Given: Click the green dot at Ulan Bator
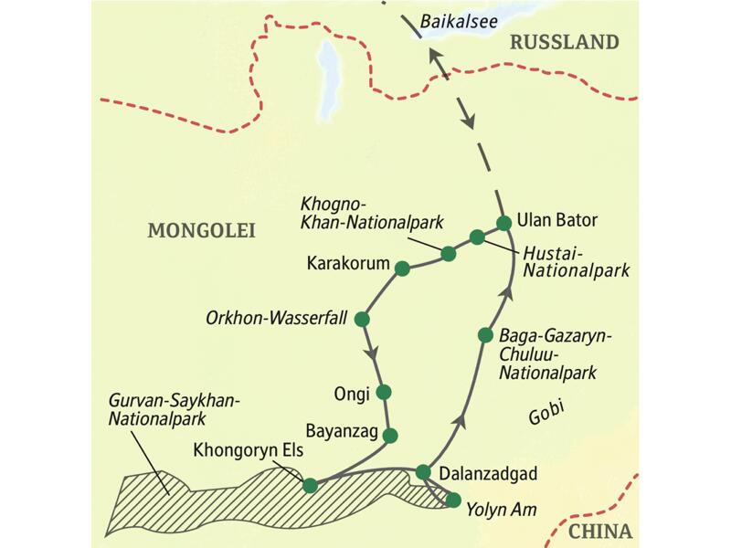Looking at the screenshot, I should point(503,222).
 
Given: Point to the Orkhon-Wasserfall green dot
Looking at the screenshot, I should point(361,320).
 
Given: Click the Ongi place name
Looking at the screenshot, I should point(352,394).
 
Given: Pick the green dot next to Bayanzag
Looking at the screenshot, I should point(391,435).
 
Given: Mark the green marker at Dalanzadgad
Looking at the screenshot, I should point(422,471).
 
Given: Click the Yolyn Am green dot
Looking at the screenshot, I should point(453,499).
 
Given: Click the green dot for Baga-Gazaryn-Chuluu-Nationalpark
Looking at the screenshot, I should point(486,335).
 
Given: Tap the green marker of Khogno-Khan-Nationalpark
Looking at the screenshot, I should point(448,253).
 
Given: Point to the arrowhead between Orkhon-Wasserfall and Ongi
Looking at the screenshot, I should point(372,353).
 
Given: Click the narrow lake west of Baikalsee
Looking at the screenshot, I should point(324,73).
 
